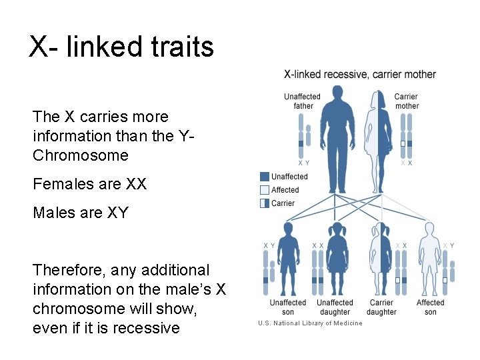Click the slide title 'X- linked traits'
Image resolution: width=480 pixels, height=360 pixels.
[121, 47]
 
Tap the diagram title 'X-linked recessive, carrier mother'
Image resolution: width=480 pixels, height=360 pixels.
[360, 74]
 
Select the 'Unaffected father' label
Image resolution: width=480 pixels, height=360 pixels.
[302, 101]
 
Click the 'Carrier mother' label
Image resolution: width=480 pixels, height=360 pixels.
[406, 101]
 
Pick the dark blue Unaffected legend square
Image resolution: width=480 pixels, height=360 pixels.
[265, 177]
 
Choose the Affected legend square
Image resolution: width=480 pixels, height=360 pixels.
[265, 190]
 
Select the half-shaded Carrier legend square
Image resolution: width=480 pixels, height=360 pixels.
[265, 203]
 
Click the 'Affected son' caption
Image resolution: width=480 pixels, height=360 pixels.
[430, 307]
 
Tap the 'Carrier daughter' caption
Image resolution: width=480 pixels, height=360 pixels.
[381, 307]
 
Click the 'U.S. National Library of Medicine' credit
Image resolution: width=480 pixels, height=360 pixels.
[311, 323]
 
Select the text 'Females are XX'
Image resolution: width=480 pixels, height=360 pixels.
[89, 183]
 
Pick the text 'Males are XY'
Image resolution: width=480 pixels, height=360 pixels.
[80, 213]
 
